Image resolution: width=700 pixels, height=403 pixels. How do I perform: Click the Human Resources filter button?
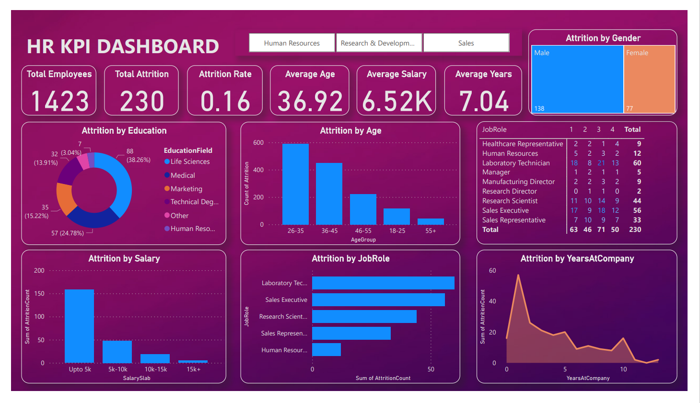pyautogui.click(x=292, y=43)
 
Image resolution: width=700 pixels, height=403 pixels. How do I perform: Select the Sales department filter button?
pyautogui.click(x=466, y=43)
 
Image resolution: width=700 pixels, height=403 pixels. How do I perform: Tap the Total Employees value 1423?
pyautogui.click(x=60, y=101)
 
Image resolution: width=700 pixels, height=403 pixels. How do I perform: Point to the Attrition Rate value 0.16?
pyautogui.click(x=225, y=101)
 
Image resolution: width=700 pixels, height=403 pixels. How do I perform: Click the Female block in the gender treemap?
pyautogui.click(x=650, y=79)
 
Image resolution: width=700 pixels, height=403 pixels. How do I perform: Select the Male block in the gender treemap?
pyautogui.click(x=577, y=79)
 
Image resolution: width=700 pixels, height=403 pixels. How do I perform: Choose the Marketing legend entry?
pyautogui.click(x=186, y=189)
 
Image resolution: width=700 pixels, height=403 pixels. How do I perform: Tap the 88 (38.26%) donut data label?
pyautogui.click(x=138, y=156)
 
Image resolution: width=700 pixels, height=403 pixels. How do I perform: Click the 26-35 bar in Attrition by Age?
pyautogui.click(x=295, y=184)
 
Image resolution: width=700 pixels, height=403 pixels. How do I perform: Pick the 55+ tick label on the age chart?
pyautogui.click(x=431, y=231)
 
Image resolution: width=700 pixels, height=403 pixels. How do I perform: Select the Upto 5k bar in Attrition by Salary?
pyautogui.click(x=79, y=326)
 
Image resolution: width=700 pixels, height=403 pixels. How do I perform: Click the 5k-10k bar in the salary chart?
pyautogui.click(x=117, y=352)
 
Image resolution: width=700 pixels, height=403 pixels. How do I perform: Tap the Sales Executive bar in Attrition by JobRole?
pyautogui.click(x=378, y=300)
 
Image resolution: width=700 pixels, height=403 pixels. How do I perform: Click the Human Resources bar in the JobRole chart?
pyautogui.click(x=327, y=350)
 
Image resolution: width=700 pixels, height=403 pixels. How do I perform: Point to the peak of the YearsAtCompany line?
pyautogui.click(x=518, y=276)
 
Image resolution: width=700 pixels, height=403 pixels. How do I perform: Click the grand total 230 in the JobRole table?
pyautogui.click(x=635, y=230)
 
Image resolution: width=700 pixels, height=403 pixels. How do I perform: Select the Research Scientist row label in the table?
pyautogui.click(x=510, y=201)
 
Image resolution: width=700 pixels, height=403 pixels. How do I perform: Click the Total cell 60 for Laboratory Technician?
pyautogui.click(x=637, y=163)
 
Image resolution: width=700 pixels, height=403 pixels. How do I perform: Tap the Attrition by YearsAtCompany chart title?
pyautogui.click(x=577, y=259)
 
